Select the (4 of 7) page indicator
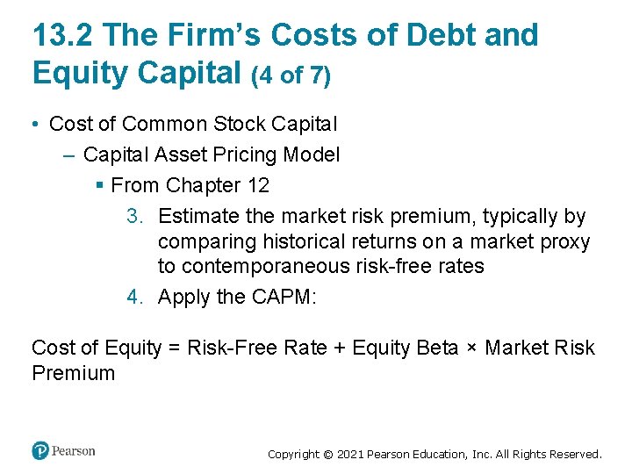click(x=291, y=76)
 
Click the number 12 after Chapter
click(x=258, y=185)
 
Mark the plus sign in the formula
click(x=341, y=348)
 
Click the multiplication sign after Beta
click(x=472, y=348)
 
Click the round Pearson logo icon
click(x=40, y=451)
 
